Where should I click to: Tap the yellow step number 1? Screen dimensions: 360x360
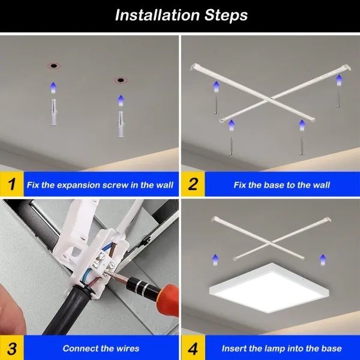(x=11, y=184)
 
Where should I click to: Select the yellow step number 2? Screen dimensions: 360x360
(x=193, y=184)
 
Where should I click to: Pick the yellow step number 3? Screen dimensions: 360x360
(x=11, y=348)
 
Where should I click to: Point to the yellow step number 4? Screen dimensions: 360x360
(x=193, y=348)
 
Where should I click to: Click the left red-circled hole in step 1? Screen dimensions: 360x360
(x=53, y=65)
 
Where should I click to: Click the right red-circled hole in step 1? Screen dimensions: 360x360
(x=120, y=80)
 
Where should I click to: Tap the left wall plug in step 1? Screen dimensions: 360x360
(x=53, y=112)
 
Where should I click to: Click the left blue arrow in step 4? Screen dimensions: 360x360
(x=214, y=259)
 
